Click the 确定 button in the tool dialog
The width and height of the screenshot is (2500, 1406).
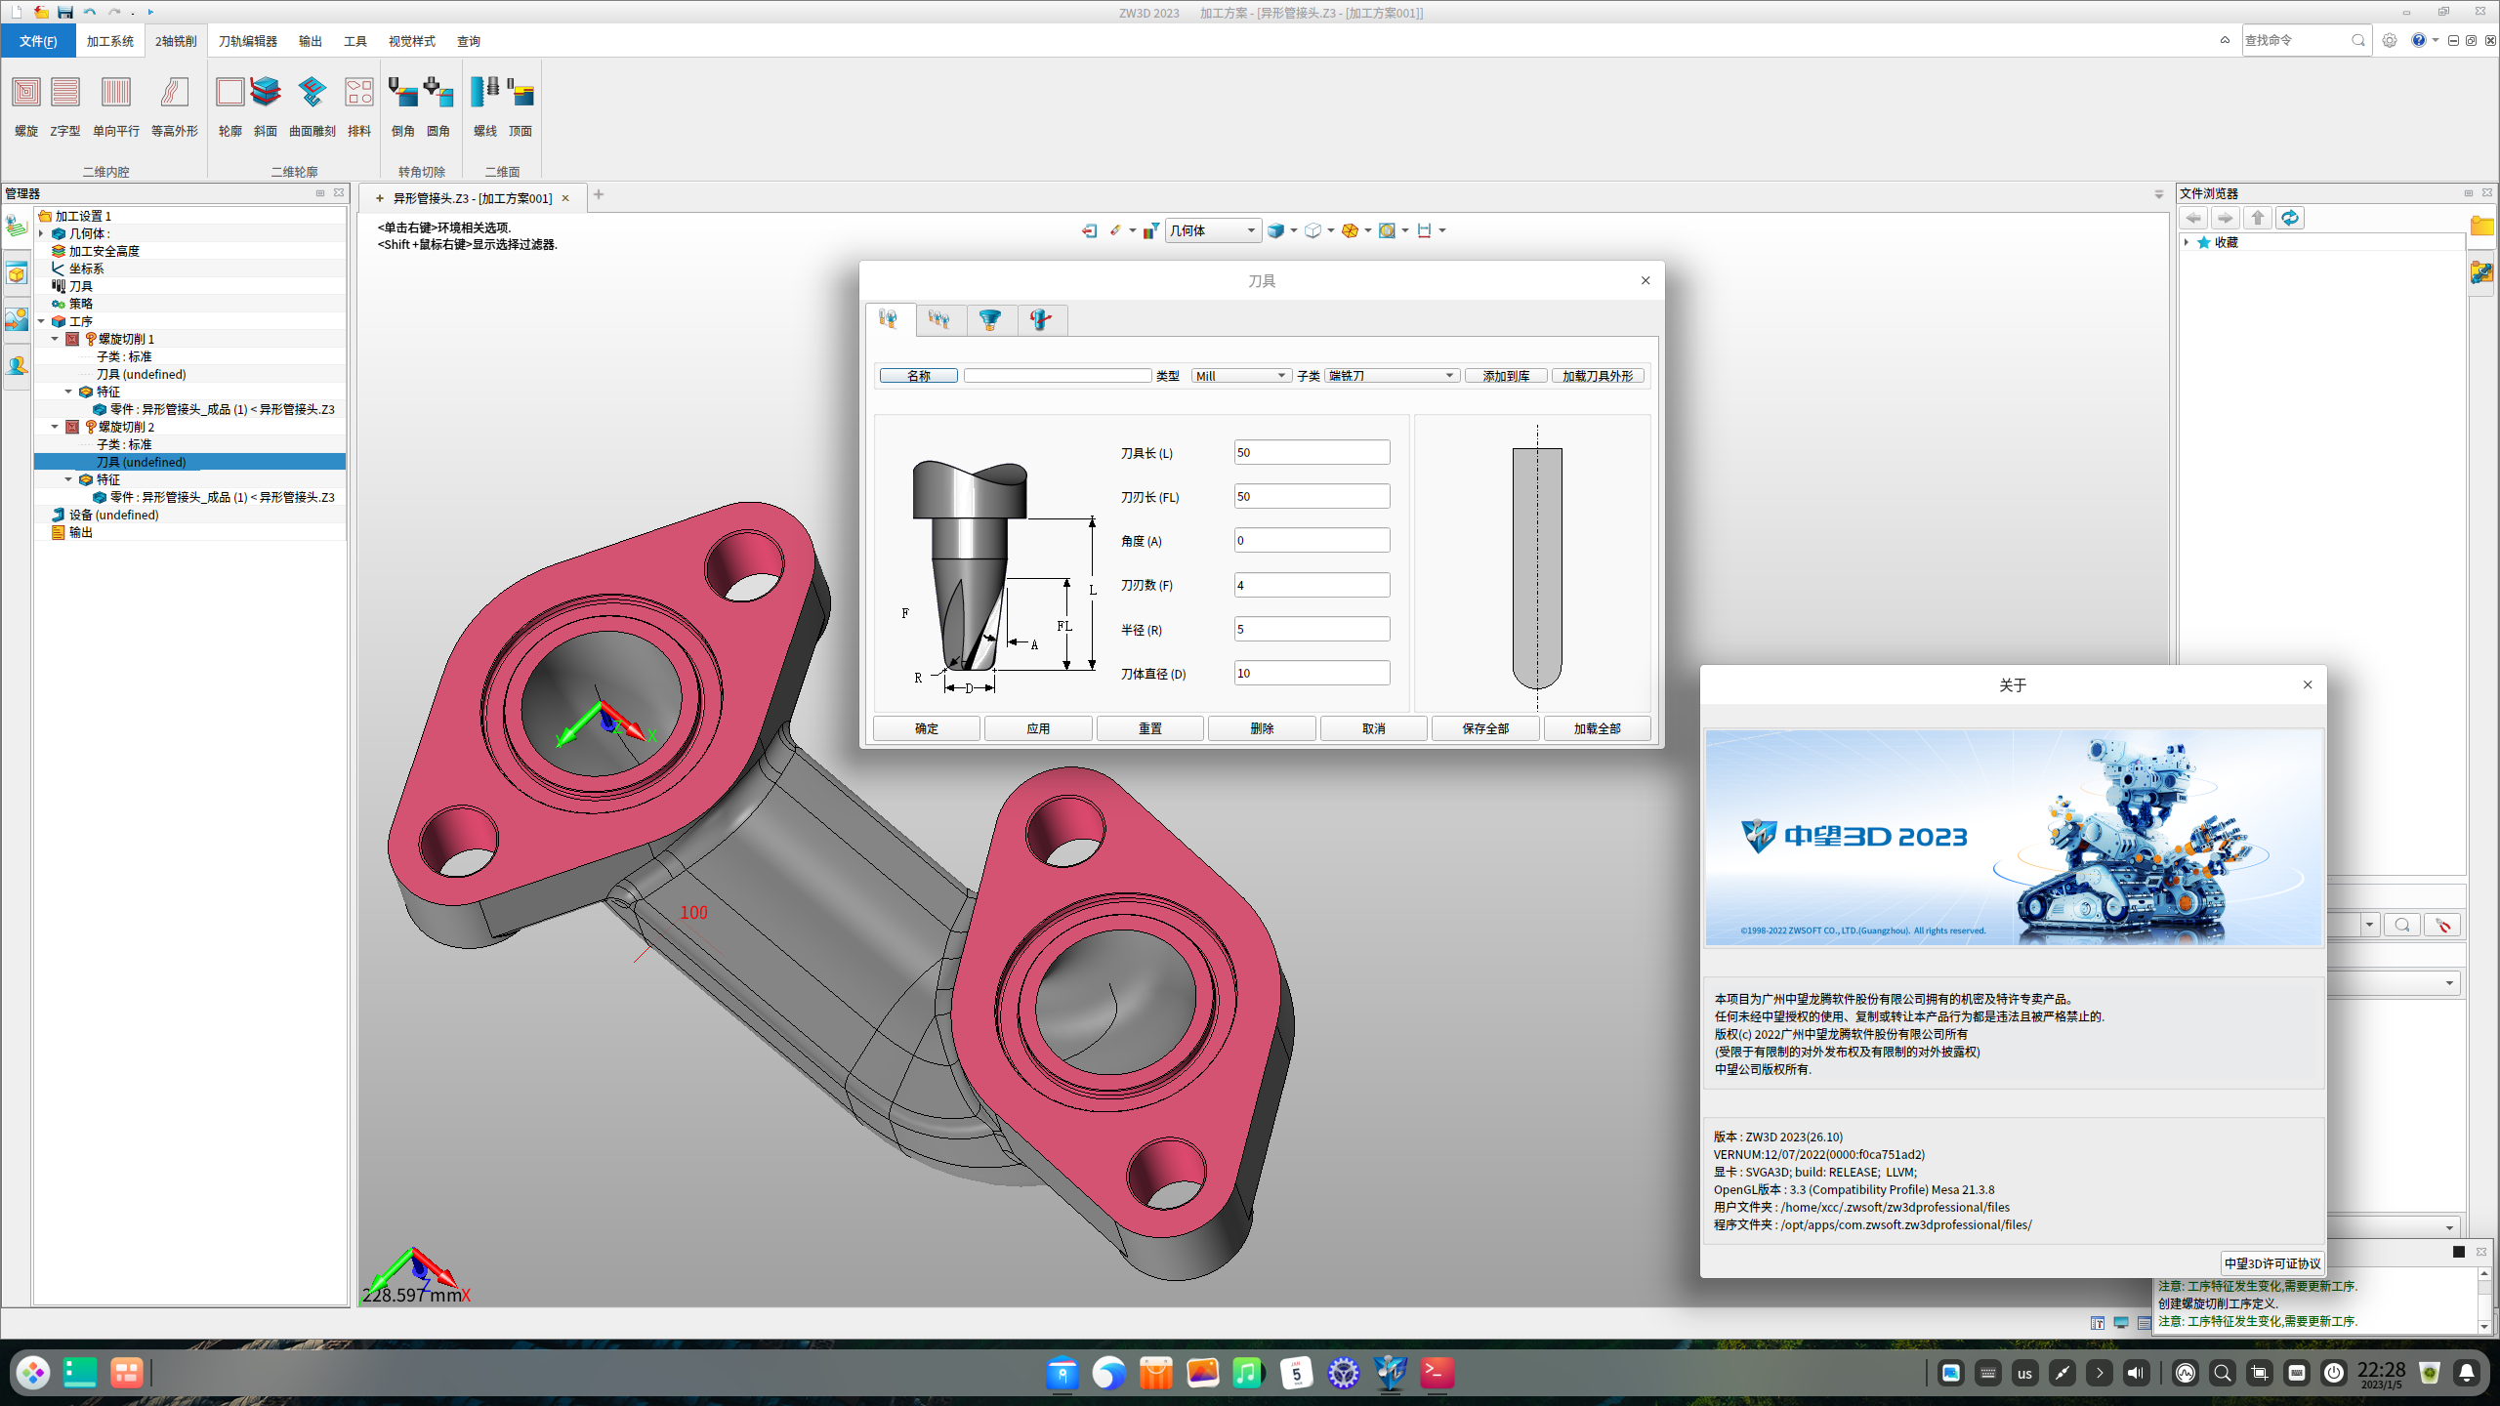[x=926, y=728]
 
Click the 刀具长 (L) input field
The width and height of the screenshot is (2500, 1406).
[x=1311, y=452]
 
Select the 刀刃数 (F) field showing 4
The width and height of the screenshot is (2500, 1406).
[x=1311, y=585]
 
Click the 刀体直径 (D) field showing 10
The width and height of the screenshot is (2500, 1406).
[x=1311, y=673]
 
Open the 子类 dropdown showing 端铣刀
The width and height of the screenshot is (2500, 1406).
[x=1392, y=376]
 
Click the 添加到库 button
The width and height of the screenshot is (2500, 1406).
[x=1505, y=376]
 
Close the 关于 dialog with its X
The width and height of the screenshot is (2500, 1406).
[x=2308, y=684]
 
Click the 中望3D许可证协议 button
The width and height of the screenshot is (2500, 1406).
[x=2271, y=1262]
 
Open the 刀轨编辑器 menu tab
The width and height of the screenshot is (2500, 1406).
[x=247, y=41]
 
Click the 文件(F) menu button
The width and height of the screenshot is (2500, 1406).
[x=38, y=41]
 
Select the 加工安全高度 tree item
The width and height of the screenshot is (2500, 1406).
[x=104, y=251]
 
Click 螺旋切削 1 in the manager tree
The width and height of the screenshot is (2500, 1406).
[x=126, y=339]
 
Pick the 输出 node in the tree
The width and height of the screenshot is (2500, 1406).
[x=81, y=532]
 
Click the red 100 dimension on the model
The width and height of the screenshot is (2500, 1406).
[x=693, y=912]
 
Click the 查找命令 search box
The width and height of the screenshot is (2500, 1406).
[x=2295, y=40]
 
